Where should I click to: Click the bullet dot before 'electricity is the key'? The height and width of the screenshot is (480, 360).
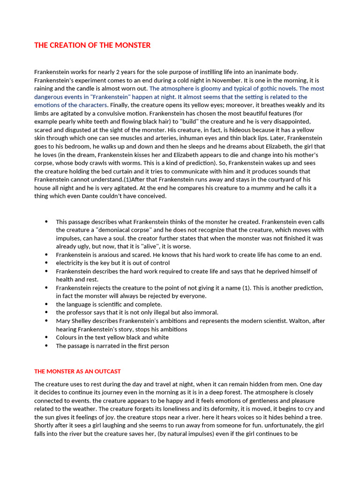(x=46, y=263)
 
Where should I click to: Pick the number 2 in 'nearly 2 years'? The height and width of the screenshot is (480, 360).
(x=118, y=72)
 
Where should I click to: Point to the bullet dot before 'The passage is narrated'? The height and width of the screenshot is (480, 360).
(x=46, y=346)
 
